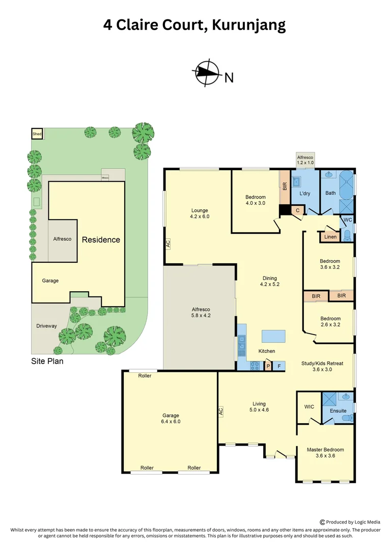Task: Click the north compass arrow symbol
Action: pos(207,73)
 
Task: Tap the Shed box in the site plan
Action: pos(37,133)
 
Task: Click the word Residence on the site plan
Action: pos(101,239)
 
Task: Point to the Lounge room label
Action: pos(200,210)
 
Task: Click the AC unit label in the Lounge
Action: pos(168,244)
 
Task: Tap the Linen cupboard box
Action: pos(330,237)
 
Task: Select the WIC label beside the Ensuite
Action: pos(309,407)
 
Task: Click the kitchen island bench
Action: pos(273,337)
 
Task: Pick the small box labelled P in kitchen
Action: pos(268,366)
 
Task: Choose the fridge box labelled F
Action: pos(279,366)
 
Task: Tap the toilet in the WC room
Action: pos(347,235)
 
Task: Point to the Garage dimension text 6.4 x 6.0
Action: pos(171,422)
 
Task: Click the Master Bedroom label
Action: pos(325,450)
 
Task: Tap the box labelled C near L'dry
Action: pos(297,210)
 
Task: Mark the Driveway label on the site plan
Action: pos(46,326)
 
